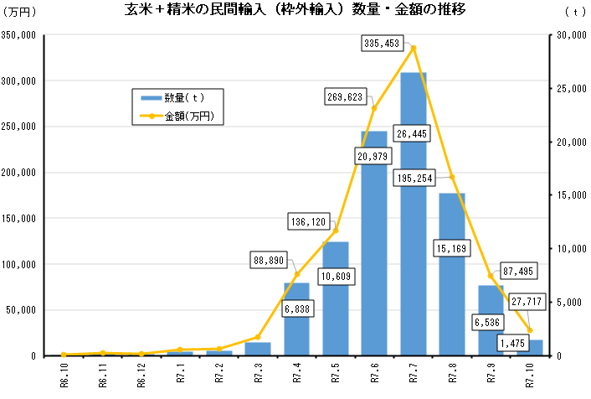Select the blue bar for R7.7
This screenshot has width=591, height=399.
click(414, 251)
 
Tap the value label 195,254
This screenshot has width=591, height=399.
click(416, 178)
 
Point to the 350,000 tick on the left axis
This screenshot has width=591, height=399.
click(18, 36)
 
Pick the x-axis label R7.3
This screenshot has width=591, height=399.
click(259, 372)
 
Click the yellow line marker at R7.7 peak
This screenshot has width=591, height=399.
click(414, 48)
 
